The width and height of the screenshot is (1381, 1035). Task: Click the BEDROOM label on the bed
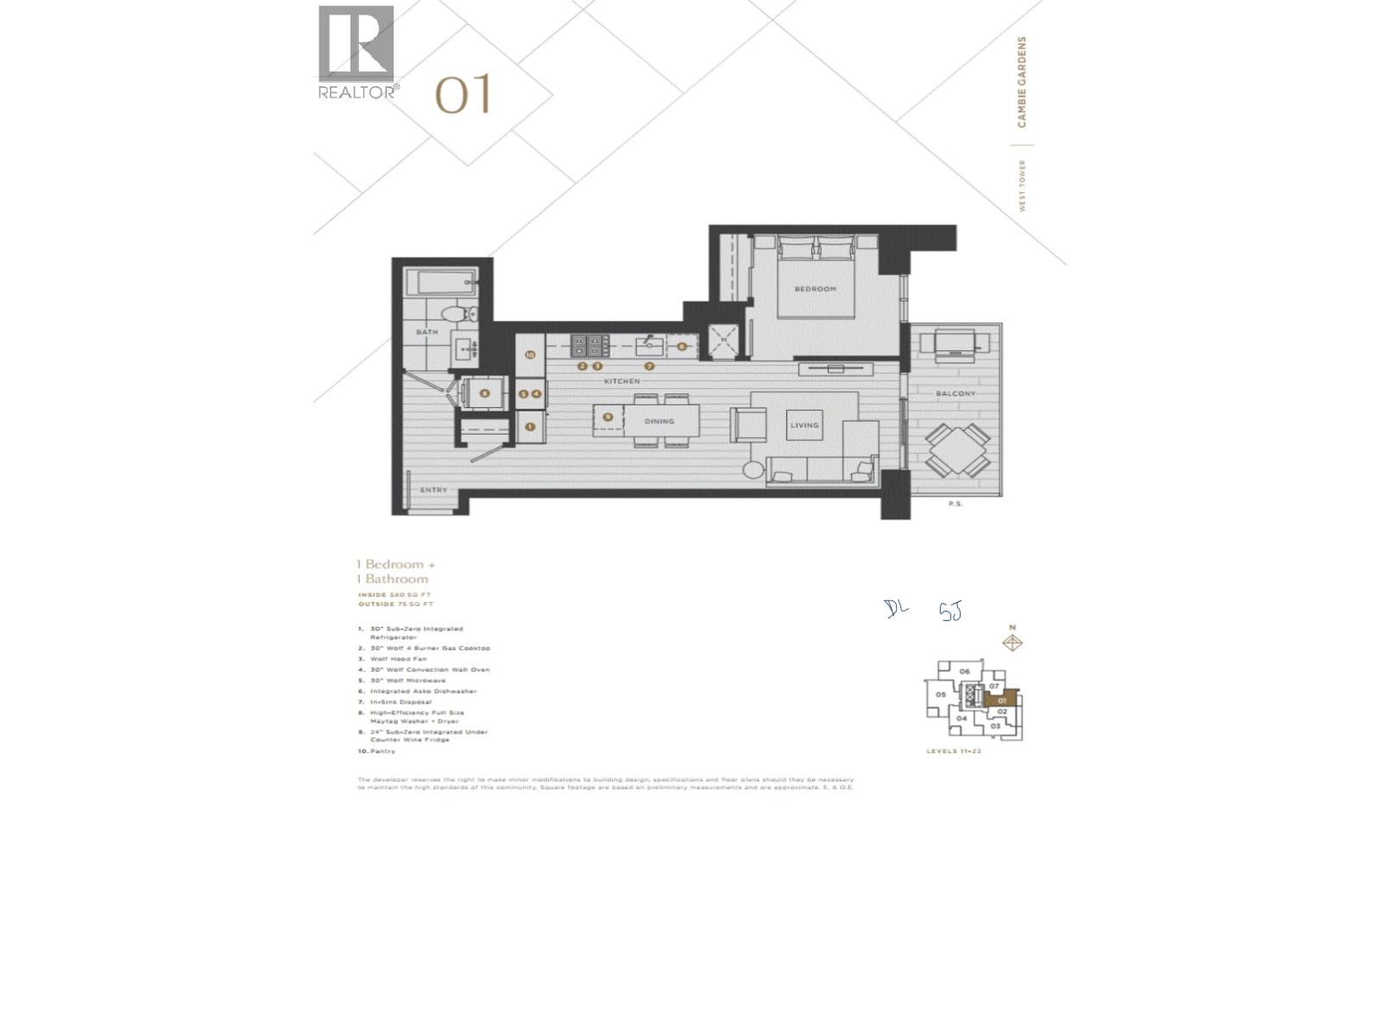(815, 289)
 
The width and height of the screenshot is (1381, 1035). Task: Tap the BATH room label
(427, 332)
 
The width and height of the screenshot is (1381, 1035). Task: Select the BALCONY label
(955, 394)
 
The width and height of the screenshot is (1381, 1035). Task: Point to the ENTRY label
(433, 490)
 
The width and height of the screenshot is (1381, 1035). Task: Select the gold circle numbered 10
(530, 354)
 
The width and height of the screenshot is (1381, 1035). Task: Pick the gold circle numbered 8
(485, 394)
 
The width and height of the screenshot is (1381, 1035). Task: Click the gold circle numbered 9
(609, 417)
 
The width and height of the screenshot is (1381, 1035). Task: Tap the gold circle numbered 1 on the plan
(530, 426)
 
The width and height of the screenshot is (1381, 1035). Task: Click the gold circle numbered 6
(681, 347)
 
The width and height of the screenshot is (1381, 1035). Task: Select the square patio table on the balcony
(958, 449)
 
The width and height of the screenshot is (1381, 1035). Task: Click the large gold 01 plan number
(463, 94)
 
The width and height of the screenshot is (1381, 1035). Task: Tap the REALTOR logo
(356, 52)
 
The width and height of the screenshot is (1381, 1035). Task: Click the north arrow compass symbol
(1013, 643)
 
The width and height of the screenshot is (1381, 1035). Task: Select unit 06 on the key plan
(965, 671)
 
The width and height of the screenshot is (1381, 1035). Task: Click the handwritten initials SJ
(949, 612)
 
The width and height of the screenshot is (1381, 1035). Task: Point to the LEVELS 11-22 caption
(954, 751)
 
